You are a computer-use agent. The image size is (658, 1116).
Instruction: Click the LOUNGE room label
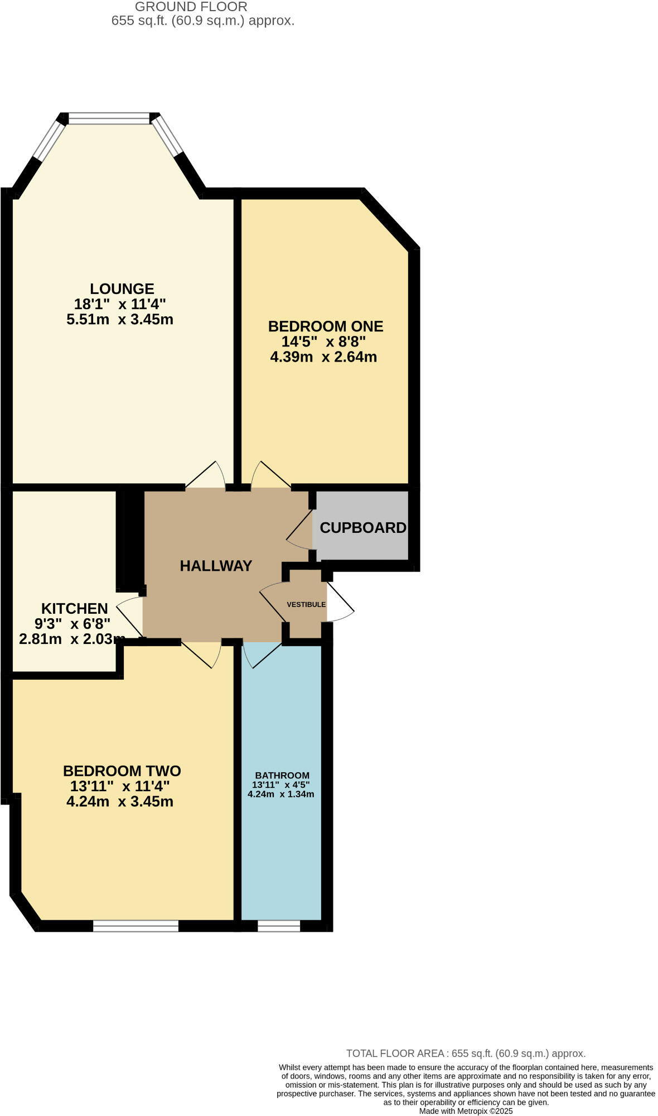(122, 289)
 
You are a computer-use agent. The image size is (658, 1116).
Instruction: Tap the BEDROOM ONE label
(325, 326)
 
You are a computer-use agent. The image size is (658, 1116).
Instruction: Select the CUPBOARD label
(362, 528)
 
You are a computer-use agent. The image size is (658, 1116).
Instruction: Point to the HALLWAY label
(216, 566)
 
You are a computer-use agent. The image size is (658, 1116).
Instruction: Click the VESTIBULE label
(306, 605)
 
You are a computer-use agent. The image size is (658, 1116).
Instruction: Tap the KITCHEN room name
(74, 609)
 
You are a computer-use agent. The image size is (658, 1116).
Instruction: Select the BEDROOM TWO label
(122, 771)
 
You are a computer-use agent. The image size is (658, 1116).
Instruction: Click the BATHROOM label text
(282, 776)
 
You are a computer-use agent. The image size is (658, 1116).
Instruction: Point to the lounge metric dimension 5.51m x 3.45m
(119, 320)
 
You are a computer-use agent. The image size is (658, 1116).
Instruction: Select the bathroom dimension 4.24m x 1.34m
(281, 795)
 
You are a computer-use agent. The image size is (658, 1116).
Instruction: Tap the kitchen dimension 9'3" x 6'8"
(72, 624)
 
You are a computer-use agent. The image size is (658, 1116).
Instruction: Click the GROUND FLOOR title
(191, 7)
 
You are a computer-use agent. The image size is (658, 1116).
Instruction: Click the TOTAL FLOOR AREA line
(466, 1054)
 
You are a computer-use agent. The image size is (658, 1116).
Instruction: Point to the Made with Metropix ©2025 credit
(466, 1111)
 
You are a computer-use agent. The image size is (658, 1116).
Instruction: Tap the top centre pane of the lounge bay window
(109, 118)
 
